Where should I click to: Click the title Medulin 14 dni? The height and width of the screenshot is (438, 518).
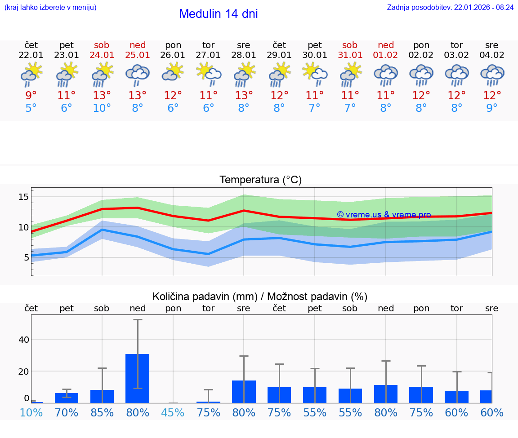pos(218,14)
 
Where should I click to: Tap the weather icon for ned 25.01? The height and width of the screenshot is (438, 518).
pos(138,75)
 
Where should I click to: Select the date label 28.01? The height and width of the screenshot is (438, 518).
pos(244,55)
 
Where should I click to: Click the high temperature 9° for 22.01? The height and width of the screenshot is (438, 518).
pos(31,95)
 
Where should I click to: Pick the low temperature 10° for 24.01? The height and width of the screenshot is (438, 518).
pos(102,108)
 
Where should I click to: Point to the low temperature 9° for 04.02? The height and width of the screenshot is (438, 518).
pos(492,108)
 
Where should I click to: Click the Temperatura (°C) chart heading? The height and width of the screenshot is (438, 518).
pos(260,180)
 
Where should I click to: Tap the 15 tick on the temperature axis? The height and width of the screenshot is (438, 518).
pos(24,197)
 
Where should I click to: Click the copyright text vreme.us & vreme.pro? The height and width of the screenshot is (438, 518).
pos(384,215)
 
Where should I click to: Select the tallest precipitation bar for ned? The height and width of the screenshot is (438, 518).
pos(138,378)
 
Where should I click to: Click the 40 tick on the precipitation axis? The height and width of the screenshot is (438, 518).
pos(24,340)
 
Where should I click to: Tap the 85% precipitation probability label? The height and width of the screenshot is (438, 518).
pos(102,412)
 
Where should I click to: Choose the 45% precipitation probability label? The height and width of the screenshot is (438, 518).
pos(173,412)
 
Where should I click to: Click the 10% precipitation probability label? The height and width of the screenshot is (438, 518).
pos(31,412)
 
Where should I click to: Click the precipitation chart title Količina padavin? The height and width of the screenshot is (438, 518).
pos(260,296)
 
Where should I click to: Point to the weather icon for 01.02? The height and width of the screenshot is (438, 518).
pos(385,75)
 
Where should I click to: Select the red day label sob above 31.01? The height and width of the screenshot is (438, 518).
pos(350,45)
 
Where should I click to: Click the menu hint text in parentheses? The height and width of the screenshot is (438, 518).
pos(50,8)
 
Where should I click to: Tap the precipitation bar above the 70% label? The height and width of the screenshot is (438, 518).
pos(67,398)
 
